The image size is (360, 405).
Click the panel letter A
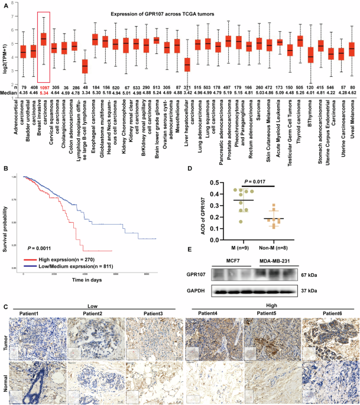point(5,5)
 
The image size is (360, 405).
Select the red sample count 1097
point(43,88)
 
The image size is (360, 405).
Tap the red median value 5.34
point(43,93)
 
